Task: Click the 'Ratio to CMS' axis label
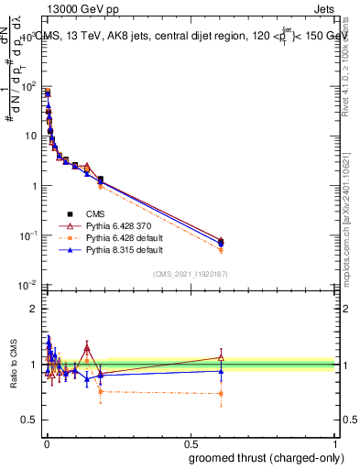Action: [x=14, y=363]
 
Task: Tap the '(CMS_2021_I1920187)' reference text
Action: [x=190, y=274]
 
